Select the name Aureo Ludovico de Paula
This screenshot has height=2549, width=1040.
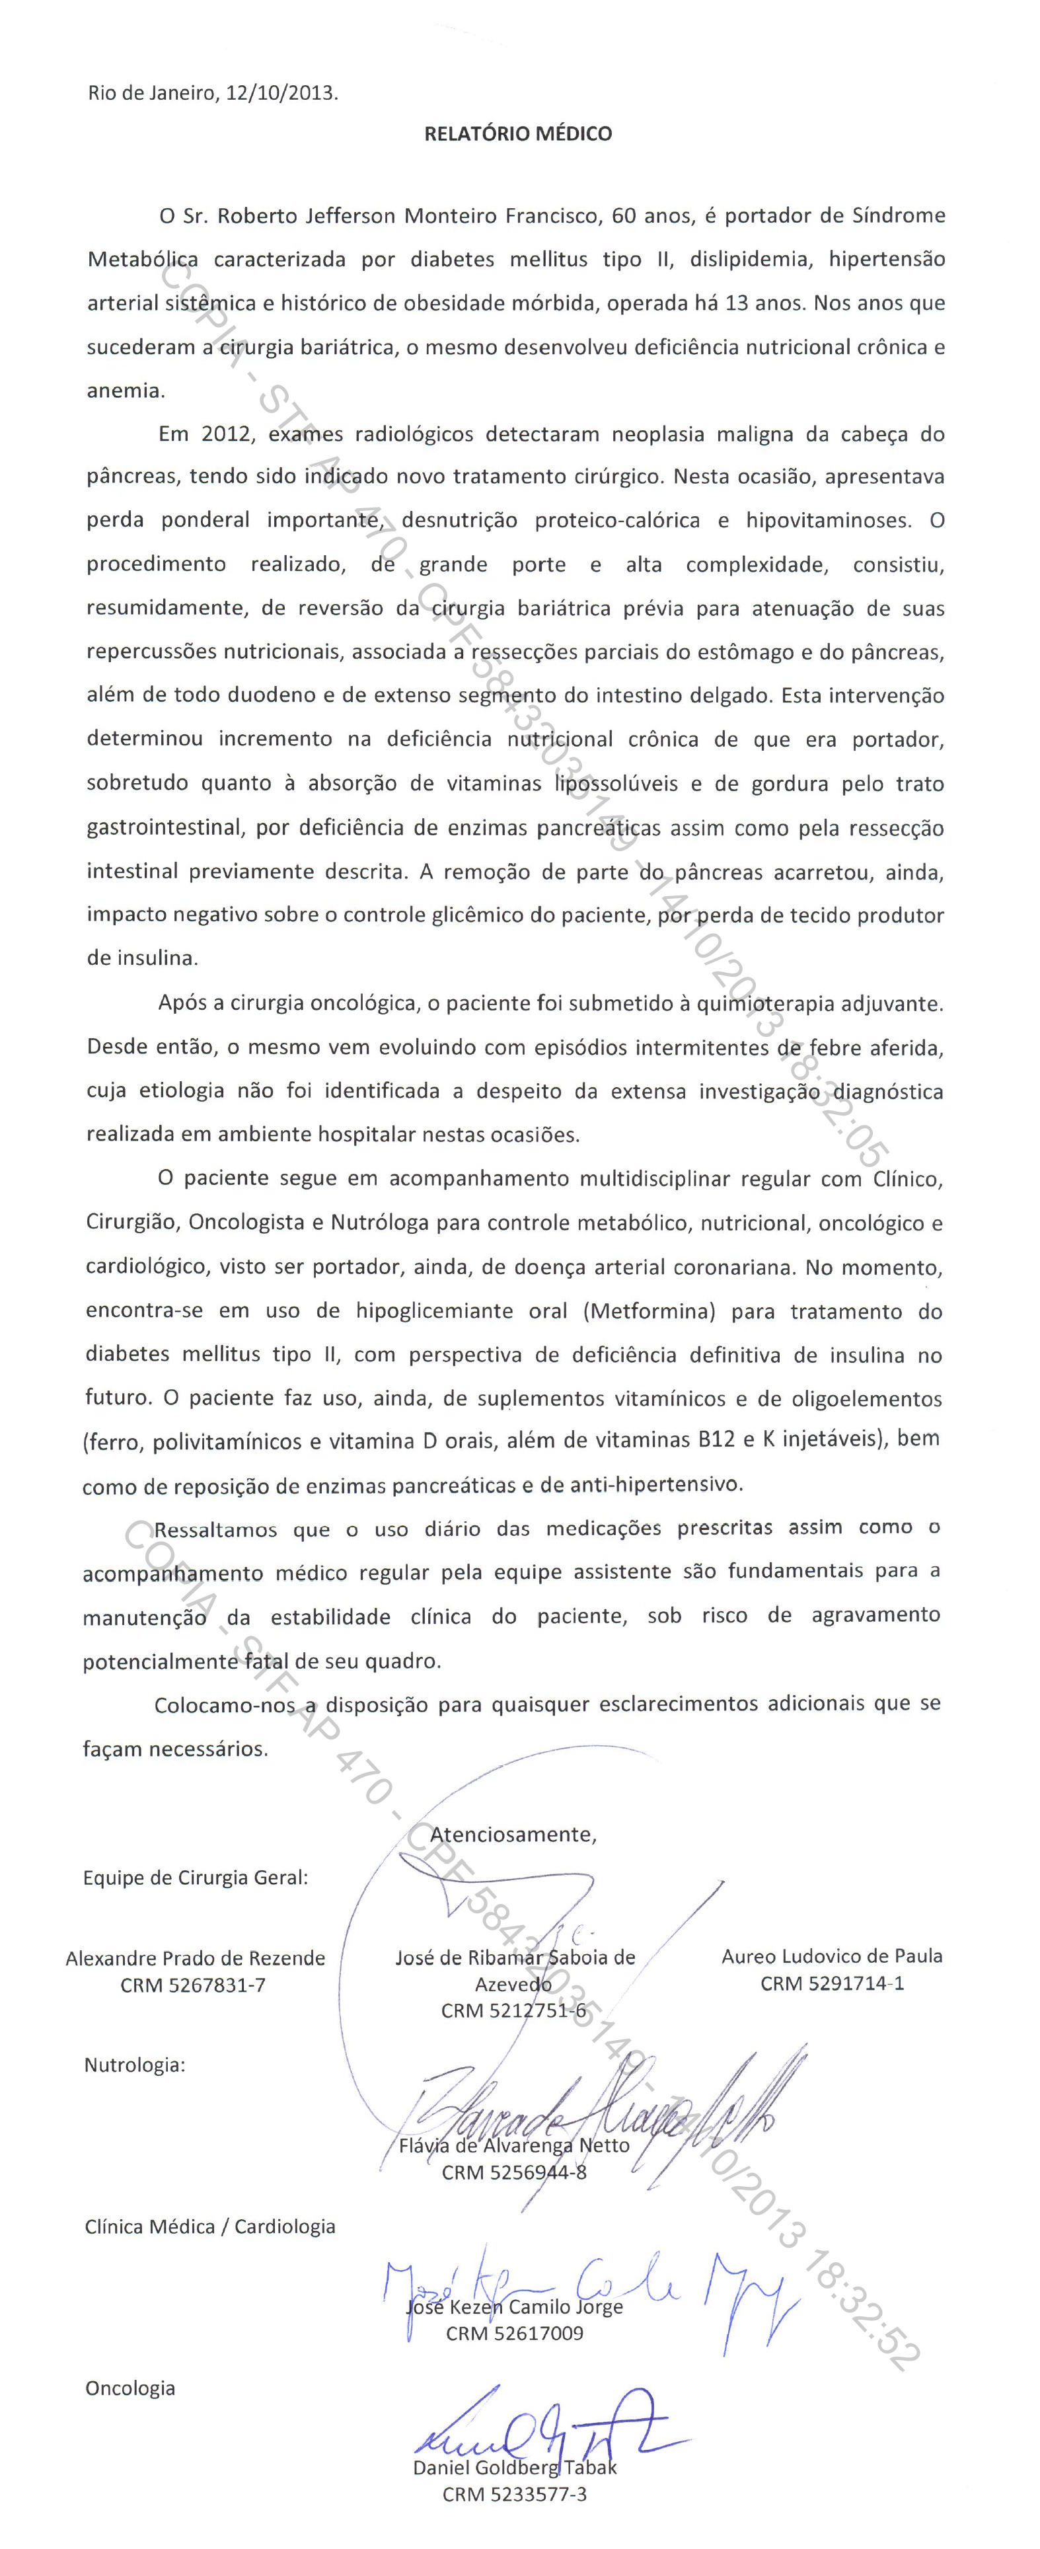831,1956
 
